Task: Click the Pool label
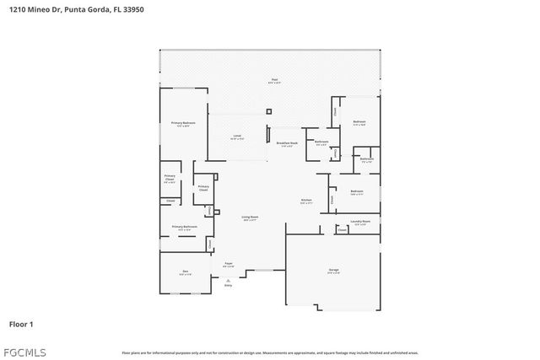click(273, 81)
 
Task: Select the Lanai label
click(238, 137)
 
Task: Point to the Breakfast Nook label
click(288, 144)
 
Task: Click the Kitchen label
click(305, 201)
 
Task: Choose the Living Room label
click(250, 218)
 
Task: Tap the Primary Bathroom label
click(185, 228)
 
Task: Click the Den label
click(184, 272)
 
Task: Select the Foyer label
click(228, 265)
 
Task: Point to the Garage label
click(333, 271)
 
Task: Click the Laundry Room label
click(360, 223)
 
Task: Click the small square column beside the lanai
click(268, 110)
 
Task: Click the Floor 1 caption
click(21, 324)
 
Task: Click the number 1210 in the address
click(17, 9)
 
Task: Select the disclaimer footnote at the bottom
click(270, 352)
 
